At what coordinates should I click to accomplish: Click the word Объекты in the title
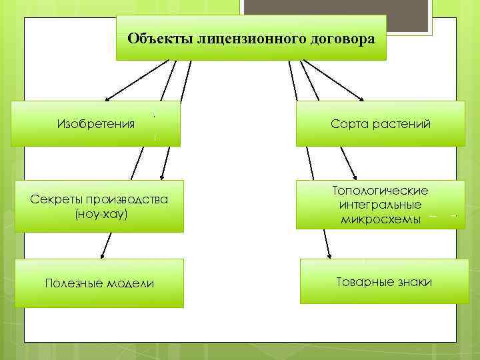160,38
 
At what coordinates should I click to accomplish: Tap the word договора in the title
339,38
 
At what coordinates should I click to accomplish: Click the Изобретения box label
96,124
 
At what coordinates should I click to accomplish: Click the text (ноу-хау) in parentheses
99,215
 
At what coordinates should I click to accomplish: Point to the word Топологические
380,191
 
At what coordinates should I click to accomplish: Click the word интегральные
380,205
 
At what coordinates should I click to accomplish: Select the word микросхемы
380,219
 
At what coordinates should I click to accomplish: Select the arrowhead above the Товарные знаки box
328,254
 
